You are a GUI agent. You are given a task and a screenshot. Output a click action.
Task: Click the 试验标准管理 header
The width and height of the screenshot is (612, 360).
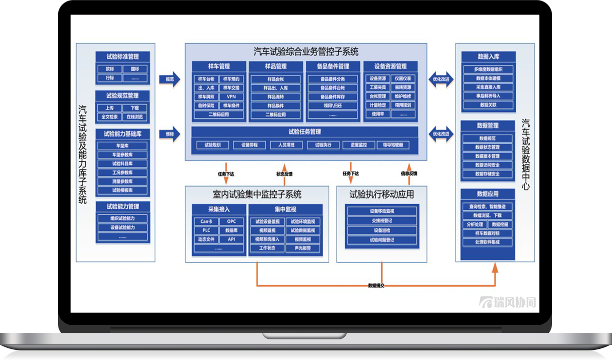123,56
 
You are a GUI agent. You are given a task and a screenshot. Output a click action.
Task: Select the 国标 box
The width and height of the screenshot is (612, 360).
135,69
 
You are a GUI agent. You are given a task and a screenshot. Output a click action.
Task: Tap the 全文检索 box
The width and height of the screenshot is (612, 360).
110,117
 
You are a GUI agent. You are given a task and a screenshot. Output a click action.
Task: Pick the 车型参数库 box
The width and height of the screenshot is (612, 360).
123,155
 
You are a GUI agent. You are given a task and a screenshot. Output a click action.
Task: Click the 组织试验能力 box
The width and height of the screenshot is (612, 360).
123,218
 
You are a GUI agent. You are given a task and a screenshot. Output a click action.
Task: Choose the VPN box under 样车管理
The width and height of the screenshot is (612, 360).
231,97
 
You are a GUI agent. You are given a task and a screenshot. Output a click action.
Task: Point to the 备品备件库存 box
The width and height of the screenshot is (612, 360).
333,97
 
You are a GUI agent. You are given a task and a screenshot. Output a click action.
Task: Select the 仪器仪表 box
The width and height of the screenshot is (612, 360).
403,79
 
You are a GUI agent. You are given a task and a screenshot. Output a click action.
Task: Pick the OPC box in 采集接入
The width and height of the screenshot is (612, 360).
231,221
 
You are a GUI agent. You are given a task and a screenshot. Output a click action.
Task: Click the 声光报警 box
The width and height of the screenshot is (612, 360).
302,249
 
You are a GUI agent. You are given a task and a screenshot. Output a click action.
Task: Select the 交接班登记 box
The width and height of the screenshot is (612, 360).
382,221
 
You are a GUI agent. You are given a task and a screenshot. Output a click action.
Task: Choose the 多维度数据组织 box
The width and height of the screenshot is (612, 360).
487,70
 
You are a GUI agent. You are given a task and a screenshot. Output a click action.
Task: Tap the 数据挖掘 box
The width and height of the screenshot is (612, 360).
500,224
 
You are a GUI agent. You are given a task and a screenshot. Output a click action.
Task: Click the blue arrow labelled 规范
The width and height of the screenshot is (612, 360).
170,79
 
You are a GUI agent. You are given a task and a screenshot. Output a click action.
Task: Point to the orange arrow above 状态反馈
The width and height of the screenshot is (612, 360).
284,167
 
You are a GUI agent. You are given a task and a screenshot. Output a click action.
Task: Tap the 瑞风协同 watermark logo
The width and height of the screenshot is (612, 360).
507,303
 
